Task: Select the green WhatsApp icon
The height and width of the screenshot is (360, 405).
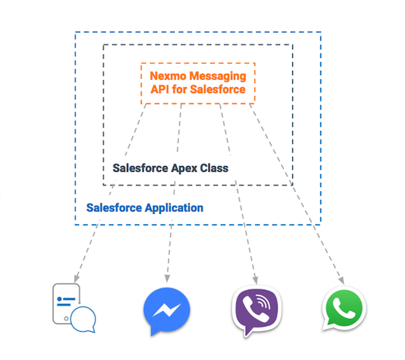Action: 344,310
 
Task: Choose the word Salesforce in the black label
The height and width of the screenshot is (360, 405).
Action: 140,168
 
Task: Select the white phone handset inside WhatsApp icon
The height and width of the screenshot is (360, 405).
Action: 344,309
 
